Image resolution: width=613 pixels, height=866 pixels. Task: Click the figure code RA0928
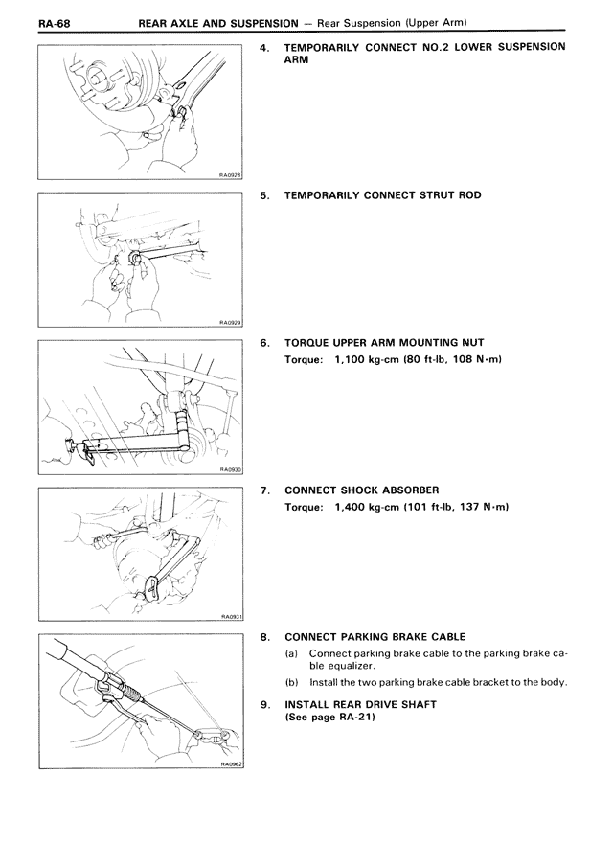point(229,175)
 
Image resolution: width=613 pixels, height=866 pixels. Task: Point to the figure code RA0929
point(229,324)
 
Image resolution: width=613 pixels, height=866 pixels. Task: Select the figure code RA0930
point(229,470)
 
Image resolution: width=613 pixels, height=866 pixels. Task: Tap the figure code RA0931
point(230,617)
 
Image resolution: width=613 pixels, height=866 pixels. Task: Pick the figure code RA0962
point(229,764)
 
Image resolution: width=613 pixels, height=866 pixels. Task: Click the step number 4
point(264,46)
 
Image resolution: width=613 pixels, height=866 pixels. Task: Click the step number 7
point(264,490)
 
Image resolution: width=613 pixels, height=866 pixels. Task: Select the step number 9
point(264,704)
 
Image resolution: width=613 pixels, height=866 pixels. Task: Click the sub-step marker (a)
point(291,653)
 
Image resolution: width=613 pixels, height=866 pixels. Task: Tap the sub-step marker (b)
point(291,683)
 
